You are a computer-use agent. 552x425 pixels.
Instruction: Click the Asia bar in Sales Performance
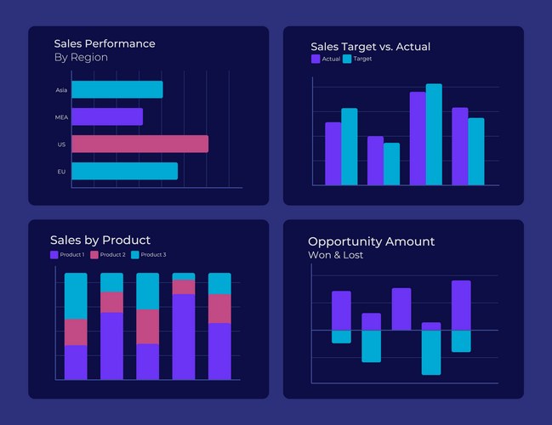(117, 89)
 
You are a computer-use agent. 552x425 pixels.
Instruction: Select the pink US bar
(139, 144)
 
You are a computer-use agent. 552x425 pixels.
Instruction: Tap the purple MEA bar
(106, 116)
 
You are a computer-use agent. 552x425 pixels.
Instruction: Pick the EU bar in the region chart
(124, 171)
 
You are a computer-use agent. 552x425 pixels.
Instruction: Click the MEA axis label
(61, 117)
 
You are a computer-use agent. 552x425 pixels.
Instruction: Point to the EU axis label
(61, 172)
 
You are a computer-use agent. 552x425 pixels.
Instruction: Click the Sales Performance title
(104, 43)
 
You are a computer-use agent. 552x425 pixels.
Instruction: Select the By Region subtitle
(81, 58)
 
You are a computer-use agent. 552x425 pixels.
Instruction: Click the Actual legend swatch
(316, 59)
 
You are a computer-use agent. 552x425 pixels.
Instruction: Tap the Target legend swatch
(347, 59)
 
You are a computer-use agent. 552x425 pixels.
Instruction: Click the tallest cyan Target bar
(434, 133)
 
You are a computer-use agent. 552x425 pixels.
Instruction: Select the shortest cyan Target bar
(391, 163)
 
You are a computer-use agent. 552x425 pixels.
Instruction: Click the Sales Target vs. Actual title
(370, 46)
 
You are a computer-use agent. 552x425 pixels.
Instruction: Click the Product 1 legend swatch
(54, 255)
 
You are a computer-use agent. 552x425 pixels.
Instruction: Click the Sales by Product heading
(100, 240)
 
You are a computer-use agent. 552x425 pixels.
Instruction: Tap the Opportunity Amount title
(371, 241)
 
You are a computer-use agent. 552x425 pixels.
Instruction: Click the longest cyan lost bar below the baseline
(431, 352)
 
